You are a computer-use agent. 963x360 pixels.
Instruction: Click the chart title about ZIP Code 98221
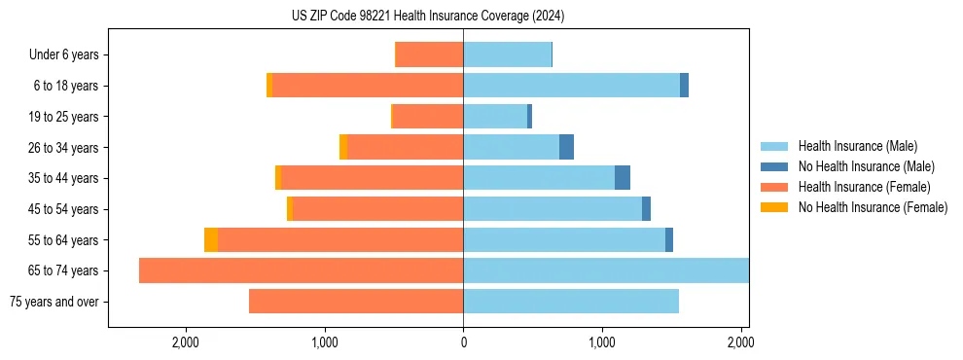pyautogui.click(x=428, y=17)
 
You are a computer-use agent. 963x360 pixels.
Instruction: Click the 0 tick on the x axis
pyautogui.click(x=463, y=342)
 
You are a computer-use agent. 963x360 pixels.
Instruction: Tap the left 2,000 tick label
pyautogui.click(x=185, y=342)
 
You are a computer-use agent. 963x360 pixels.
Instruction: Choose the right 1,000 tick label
pyautogui.click(x=602, y=342)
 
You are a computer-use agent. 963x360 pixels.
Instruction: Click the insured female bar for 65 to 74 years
pyautogui.click(x=302, y=270)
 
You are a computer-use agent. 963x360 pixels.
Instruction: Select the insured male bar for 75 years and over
pyautogui.click(x=571, y=302)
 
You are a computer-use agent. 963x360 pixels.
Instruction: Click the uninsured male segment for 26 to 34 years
pyautogui.click(x=566, y=147)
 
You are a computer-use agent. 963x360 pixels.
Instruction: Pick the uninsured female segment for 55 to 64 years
pyautogui.click(x=211, y=240)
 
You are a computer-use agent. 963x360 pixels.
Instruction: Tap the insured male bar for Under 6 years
pyautogui.click(x=507, y=54)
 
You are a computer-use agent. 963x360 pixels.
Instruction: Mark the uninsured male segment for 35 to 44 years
pyautogui.click(x=623, y=178)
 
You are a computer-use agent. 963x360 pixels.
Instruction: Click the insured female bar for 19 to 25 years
pyautogui.click(x=428, y=117)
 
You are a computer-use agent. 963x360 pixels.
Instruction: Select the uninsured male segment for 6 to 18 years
pyautogui.click(x=684, y=86)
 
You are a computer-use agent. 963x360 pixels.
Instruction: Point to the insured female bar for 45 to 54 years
pyautogui.click(x=377, y=209)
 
